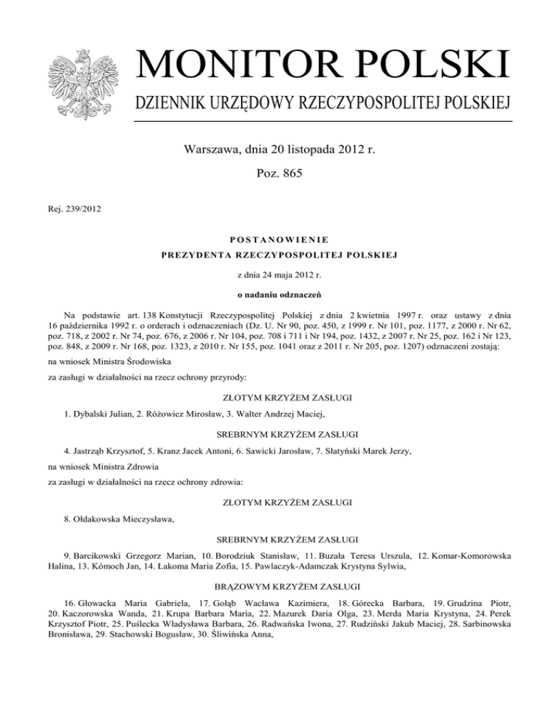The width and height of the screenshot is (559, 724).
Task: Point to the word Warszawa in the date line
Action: point(211,152)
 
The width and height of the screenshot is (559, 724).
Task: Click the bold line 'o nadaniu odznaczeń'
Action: point(279,294)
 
